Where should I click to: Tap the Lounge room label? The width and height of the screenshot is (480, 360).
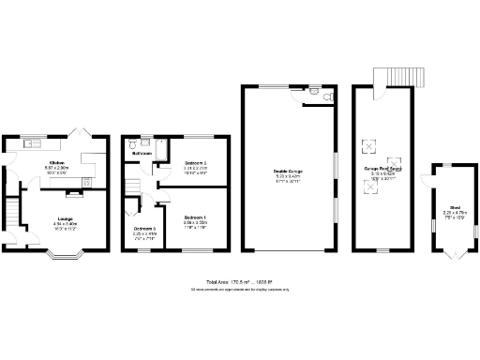(x=65, y=219)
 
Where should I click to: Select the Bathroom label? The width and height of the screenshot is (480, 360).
(x=142, y=152)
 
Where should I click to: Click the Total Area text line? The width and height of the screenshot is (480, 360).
(x=239, y=281)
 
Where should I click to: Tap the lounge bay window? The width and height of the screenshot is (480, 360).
(x=67, y=252)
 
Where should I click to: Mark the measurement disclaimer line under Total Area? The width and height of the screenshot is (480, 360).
(x=239, y=289)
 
